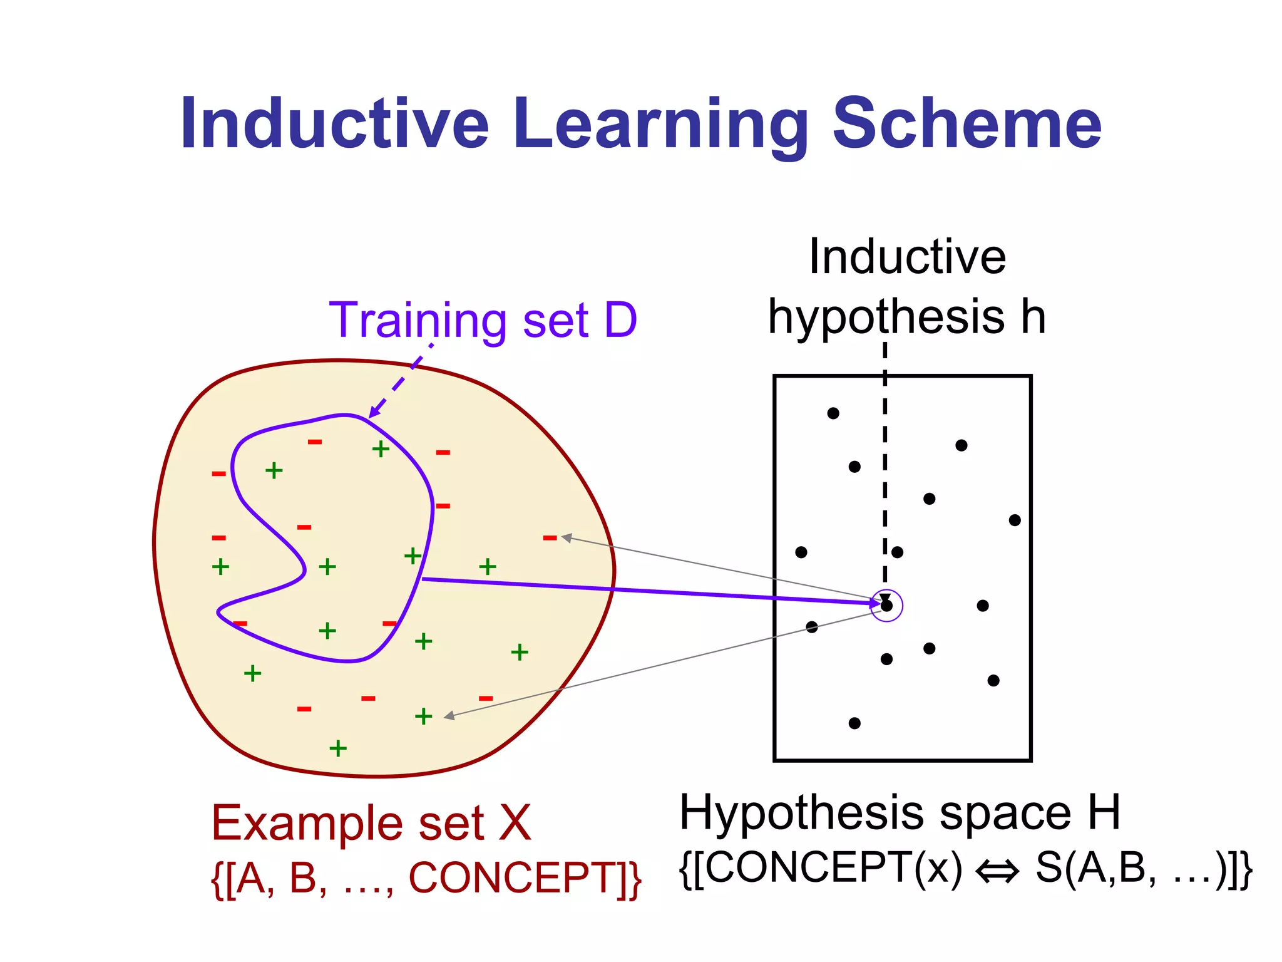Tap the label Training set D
click(x=483, y=321)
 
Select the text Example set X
click(x=371, y=822)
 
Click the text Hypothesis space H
click(x=900, y=813)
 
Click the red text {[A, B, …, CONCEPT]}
click(x=426, y=878)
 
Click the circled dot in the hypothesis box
click(x=886, y=606)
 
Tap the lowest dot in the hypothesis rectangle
click(x=854, y=723)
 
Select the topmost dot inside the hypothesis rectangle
click(x=833, y=413)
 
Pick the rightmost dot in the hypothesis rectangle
click(x=1015, y=520)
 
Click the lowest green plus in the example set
click(x=338, y=748)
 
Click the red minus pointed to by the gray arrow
click(x=550, y=537)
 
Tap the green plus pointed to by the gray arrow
click(x=424, y=716)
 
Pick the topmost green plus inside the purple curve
click(x=381, y=448)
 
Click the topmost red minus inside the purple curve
click(x=315, y=442)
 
